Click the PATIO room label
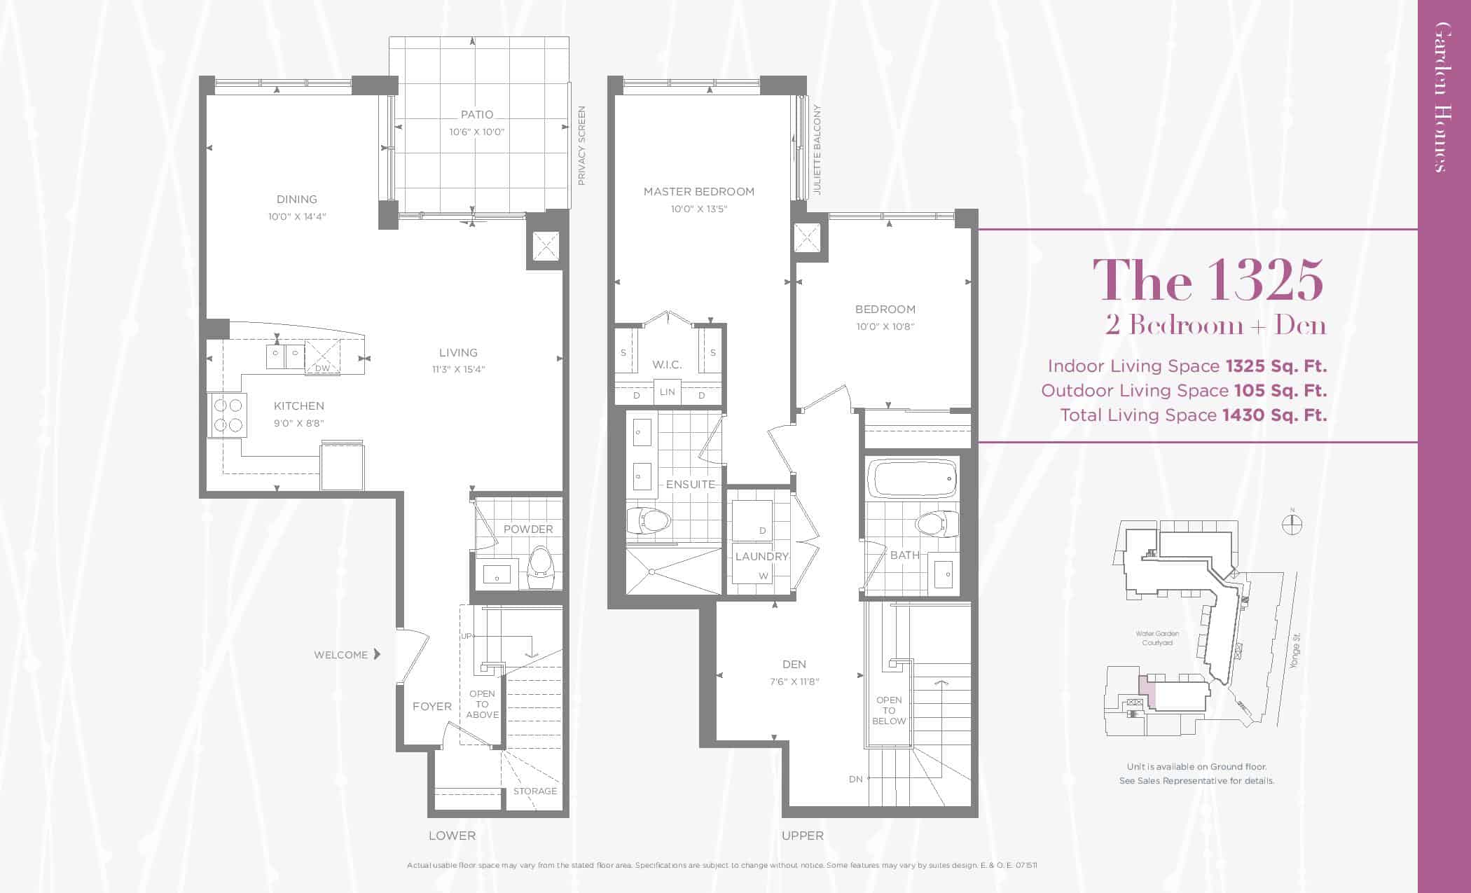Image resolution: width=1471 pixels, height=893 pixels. (477, 114)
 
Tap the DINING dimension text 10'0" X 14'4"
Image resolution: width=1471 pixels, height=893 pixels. (297, 216)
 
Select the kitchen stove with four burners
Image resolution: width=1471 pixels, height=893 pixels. (227, 415)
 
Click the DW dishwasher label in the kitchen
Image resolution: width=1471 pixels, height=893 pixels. (322, 368)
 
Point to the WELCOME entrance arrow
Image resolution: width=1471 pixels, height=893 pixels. (377, 654)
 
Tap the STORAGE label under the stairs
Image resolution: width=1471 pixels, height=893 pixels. (535, 791)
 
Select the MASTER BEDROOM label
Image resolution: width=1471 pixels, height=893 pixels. (699, 191)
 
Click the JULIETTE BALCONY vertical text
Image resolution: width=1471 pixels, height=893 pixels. (817, 150)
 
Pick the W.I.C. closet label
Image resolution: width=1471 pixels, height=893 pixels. (667, 364)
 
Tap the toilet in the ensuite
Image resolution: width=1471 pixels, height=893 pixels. (649, 520)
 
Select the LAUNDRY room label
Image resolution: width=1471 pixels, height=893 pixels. (762, 556)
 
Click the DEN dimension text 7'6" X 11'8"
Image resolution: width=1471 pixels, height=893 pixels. (794, 681)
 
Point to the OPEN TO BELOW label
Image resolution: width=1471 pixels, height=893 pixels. (889, 710)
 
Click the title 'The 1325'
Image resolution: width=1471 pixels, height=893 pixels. (1208, 280)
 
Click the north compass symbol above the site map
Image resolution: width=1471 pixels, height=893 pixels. (1292, 523)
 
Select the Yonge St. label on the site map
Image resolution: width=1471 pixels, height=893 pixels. (1294, 651)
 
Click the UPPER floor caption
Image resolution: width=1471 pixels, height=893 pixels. (803, 836)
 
